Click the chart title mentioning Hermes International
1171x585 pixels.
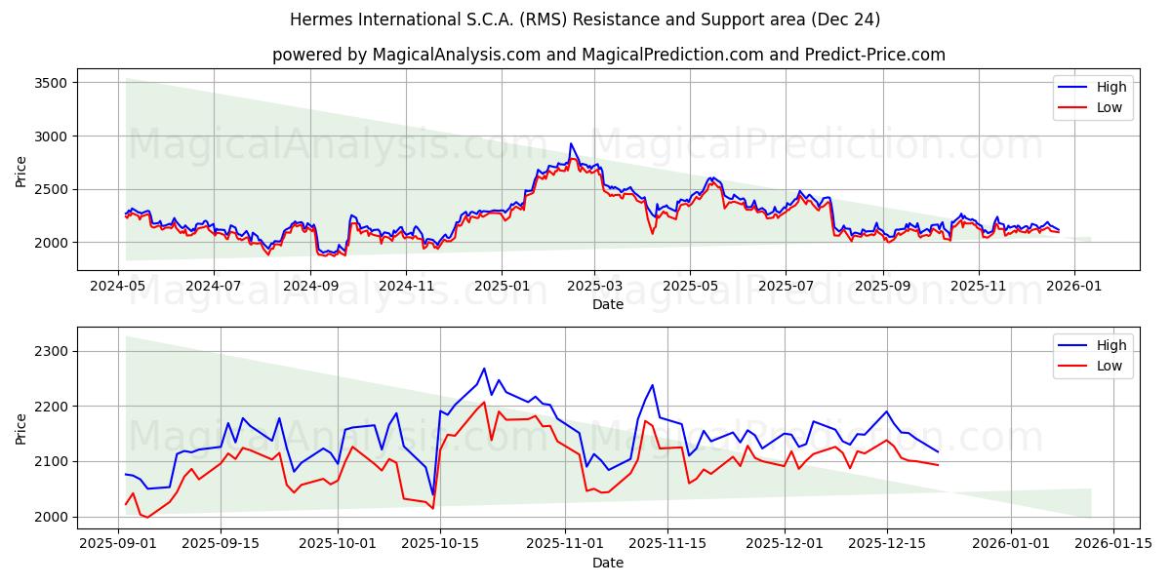click(x=585, y=19)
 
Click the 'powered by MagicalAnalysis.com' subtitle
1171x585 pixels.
click(x=608, y=55)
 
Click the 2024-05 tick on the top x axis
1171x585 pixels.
click(x=119, y=286)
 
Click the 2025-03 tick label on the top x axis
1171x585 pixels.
click(x=595, y=286)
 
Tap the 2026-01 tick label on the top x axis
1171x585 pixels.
click(x=1074, y=286)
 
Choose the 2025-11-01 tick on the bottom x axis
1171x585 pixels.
click(x=565, y=544)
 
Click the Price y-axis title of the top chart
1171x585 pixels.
click(x=21, y=172)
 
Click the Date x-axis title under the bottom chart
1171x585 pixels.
click(x=608, y=563)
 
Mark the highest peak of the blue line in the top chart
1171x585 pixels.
click(x=571, y=143)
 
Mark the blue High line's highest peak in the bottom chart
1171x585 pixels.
click(x=484, y=369)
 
